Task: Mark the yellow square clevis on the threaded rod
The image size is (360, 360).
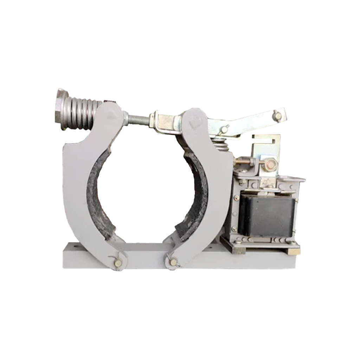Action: click(x=165, y=121)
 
